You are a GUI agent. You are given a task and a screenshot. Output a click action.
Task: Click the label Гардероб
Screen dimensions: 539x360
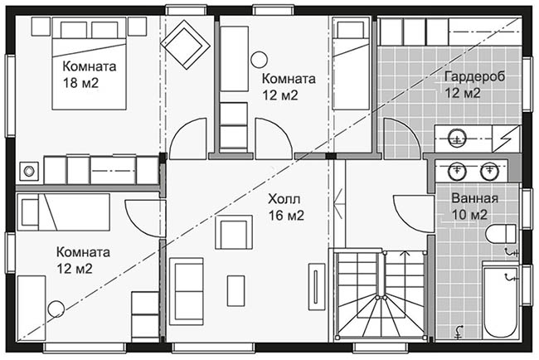click(x=474, y=76)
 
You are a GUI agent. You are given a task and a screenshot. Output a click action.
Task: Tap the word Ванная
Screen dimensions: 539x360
click(x=474, y=198)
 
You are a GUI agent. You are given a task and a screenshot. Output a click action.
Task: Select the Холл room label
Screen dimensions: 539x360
click(x=284, y=199)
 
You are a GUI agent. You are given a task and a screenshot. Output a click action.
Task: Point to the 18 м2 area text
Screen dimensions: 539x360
click(x=80, y=83)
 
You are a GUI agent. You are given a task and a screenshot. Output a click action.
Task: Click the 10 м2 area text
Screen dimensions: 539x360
click(x=469, y=215)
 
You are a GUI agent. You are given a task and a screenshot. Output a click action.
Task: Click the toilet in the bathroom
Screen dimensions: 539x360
click(x=501, y=234)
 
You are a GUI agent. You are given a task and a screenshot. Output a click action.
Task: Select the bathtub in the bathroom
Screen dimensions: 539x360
click(x=500, y=300)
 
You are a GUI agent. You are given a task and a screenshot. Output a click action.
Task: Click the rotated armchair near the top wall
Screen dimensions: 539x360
click(x=186, y=45)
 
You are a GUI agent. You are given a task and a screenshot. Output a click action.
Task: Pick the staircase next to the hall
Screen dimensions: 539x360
click(x=381, y=294)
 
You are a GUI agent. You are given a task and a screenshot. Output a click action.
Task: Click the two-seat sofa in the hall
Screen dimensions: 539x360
click(x=186, y=291)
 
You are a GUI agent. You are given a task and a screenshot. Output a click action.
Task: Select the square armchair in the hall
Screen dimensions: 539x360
click(x=234, y=232)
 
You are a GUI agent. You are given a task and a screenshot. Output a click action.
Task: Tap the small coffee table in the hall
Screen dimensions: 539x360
click(x=236, y=291)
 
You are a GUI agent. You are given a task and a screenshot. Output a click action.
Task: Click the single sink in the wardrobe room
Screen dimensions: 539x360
click(x=457, y=139)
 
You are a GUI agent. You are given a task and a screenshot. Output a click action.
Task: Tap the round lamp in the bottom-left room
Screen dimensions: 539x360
click(x=56, y=309)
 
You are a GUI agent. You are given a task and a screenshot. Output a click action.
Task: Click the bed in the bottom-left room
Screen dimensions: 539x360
click(x=64, y=212)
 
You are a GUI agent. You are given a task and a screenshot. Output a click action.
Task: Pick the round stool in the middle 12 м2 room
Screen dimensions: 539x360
click(x=260, y=60)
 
